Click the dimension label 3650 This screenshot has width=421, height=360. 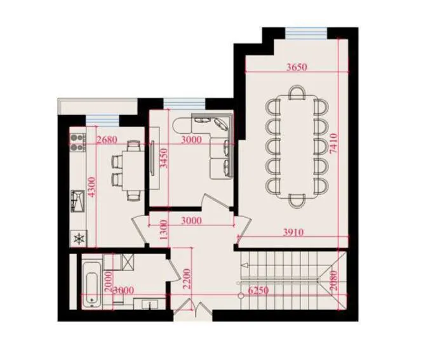point(297,67)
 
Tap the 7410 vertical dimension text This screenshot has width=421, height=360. point(333,143)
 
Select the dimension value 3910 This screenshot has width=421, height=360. point(293,232)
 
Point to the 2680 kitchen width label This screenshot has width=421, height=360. point(107,140)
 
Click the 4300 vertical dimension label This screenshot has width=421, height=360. point(91,187)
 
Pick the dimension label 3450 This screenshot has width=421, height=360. point(164,158)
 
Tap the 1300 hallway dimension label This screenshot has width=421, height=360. point(164,230)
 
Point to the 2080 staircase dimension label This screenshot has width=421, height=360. point(333,281)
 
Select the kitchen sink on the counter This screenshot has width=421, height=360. point(77,201)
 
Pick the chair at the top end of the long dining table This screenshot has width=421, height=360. point(297,93)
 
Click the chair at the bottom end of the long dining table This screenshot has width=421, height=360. point(297,201)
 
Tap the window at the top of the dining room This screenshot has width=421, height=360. point(306,33)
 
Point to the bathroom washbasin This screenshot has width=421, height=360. point(150,303)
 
